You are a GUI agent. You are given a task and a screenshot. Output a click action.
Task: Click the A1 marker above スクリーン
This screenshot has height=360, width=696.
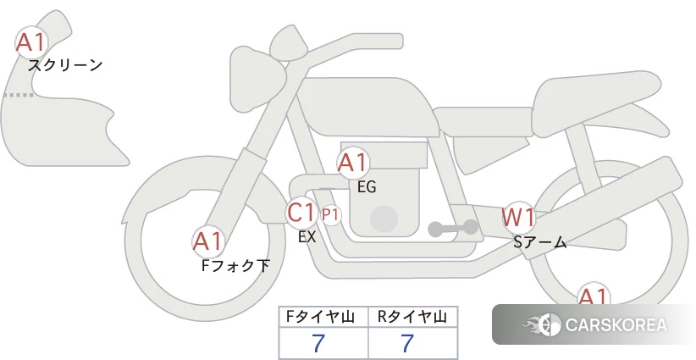tap(31, 42)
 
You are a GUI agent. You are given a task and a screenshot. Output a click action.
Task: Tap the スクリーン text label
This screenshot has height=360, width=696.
tap(65, 66)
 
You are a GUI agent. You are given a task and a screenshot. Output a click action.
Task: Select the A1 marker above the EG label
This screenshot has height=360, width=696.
tap(353, 163)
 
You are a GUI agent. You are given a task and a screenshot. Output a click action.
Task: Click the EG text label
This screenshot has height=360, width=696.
tap(367, 187)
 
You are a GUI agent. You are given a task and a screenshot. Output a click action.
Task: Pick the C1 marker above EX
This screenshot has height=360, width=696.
tap(301, 212)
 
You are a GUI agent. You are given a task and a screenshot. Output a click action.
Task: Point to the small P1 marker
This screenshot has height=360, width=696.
tap(330, 215)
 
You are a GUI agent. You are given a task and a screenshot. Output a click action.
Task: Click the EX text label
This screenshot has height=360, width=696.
tap(307, 237)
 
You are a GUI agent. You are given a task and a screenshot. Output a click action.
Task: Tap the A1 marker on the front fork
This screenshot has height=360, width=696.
tap(207, 241)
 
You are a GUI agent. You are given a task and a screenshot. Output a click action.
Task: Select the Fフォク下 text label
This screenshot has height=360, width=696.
tap(235, 266)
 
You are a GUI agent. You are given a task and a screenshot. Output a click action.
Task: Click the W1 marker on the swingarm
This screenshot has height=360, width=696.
tap(518, 218)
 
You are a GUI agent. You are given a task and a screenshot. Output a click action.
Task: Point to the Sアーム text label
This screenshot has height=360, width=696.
tap(539, 242)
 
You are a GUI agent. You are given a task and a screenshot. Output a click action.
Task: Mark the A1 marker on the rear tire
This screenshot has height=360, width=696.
tap(593, 295)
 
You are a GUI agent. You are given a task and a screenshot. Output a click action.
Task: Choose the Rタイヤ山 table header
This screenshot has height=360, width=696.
tap(412, 317)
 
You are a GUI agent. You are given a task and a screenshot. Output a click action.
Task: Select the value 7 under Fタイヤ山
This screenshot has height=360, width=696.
tap(318, 343)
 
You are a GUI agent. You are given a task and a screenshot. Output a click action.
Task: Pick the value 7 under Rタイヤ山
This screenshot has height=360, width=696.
tap(407, 343)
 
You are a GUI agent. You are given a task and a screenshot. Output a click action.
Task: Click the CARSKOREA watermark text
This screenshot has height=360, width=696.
tap(616, 324)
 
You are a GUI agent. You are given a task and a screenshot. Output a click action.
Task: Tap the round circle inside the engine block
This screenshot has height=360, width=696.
tap(384, 219)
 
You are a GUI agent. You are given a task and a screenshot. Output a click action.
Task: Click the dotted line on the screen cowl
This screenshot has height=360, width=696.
tap(18, 95)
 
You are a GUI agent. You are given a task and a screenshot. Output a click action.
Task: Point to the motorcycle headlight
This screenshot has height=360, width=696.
tap(257, 80)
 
